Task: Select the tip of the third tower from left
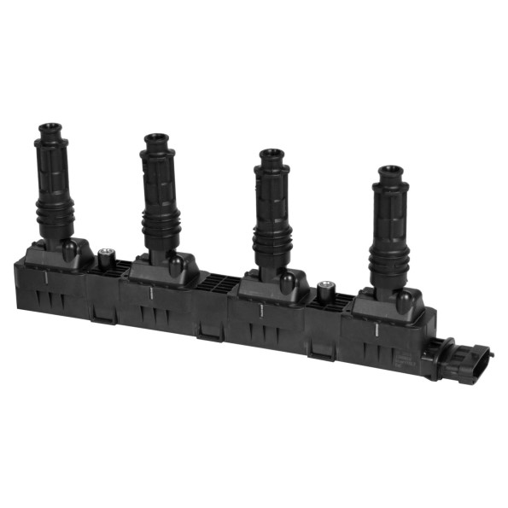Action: click(272, 155)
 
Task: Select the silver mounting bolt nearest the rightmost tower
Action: click(324, 289)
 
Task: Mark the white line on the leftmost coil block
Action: click(44, 278)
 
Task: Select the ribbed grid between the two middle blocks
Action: click(219, 283)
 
